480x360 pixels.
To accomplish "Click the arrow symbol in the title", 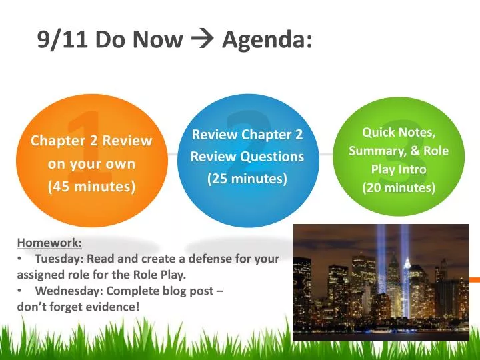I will [x=202, y=41].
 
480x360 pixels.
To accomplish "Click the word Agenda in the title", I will [x=267, y=41].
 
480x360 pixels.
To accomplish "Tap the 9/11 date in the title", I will [x=63, y=41].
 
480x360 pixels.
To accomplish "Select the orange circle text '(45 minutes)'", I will [x=91, y=187].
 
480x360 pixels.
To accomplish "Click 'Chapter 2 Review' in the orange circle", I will [x=91, y=141].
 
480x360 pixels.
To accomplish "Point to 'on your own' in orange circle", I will [x=91, y=164].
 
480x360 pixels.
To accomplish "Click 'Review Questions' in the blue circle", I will [x=247, y=157].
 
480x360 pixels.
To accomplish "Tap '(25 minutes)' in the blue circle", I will [x=247, y=179].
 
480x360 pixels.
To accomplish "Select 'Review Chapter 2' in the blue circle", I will [x=247, y=135].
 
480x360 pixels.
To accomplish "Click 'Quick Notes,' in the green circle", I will [x=399, y=133].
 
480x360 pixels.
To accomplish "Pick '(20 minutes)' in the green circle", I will [x=399, y=188].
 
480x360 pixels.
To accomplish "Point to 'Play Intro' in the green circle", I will [x=399, y=169].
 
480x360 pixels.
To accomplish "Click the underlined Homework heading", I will [x=49, y=243].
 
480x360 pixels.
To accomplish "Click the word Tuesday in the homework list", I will [x=59, y=259].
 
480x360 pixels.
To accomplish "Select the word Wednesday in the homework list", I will [x=67, y=291].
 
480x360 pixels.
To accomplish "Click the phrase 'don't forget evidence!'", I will [x=79, y=306].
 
